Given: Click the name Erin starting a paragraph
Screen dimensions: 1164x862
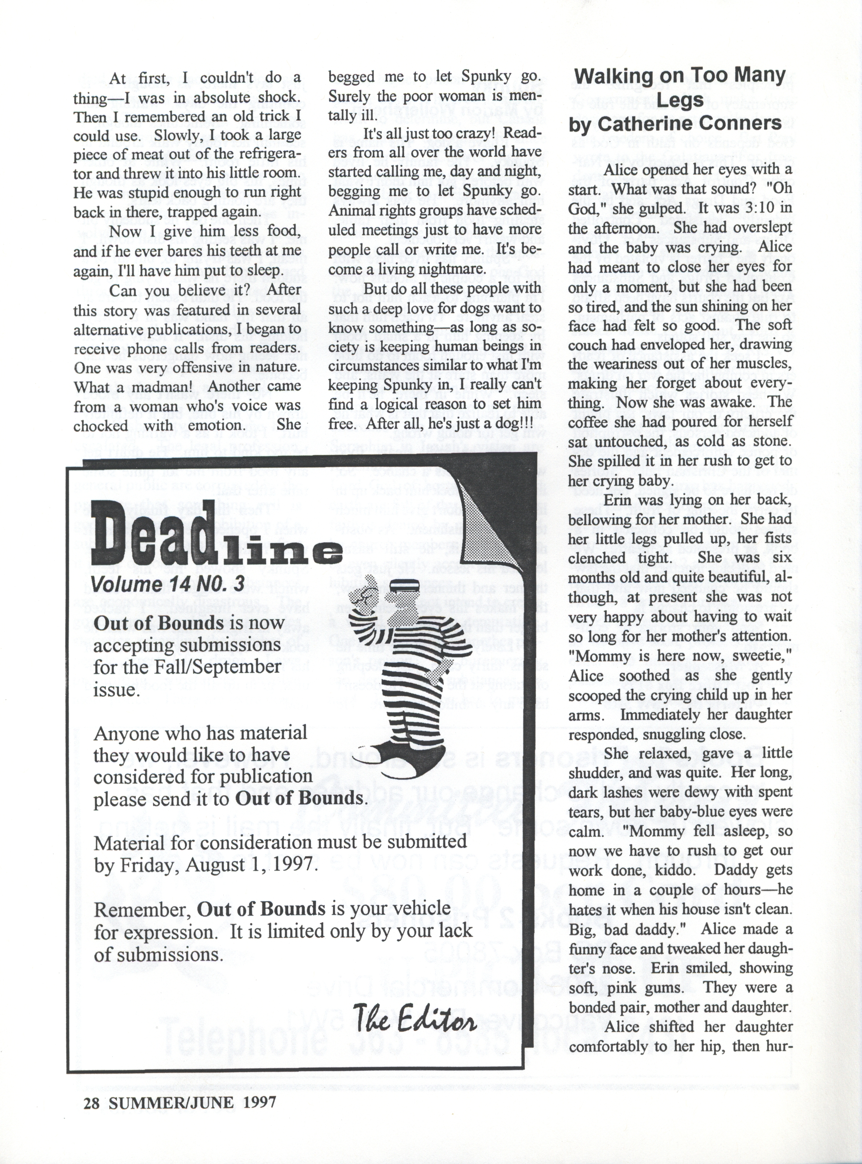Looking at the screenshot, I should tap(618, 500).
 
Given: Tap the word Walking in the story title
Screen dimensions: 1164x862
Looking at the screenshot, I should tap(616, 76).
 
